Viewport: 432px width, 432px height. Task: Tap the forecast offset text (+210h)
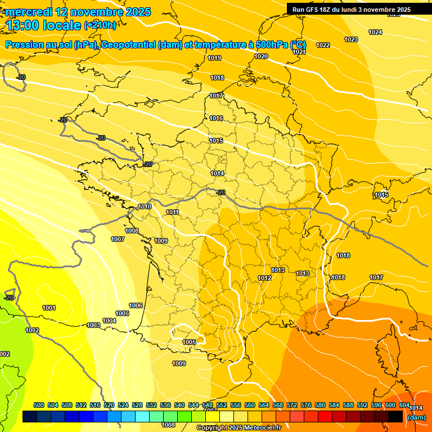[100, 25]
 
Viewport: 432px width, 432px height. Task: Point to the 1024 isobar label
[375, 32]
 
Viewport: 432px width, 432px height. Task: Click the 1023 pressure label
[351, 39]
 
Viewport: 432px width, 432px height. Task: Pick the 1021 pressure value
[299, 52]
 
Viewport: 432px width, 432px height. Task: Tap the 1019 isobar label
[214, 58]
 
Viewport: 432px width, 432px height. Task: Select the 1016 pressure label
[216, 118]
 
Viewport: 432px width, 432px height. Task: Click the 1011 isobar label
[173, 212]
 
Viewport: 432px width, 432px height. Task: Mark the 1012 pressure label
[264, 278]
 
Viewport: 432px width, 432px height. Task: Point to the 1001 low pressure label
[49, 308]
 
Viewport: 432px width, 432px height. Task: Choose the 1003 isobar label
[93, 325]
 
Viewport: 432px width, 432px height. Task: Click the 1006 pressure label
[136, 305]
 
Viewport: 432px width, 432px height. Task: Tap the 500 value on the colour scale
[39, 405]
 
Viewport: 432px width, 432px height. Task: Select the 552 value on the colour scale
[222, 405]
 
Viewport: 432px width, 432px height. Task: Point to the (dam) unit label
[416, 417]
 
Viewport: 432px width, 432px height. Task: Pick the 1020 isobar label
[261, 56]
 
